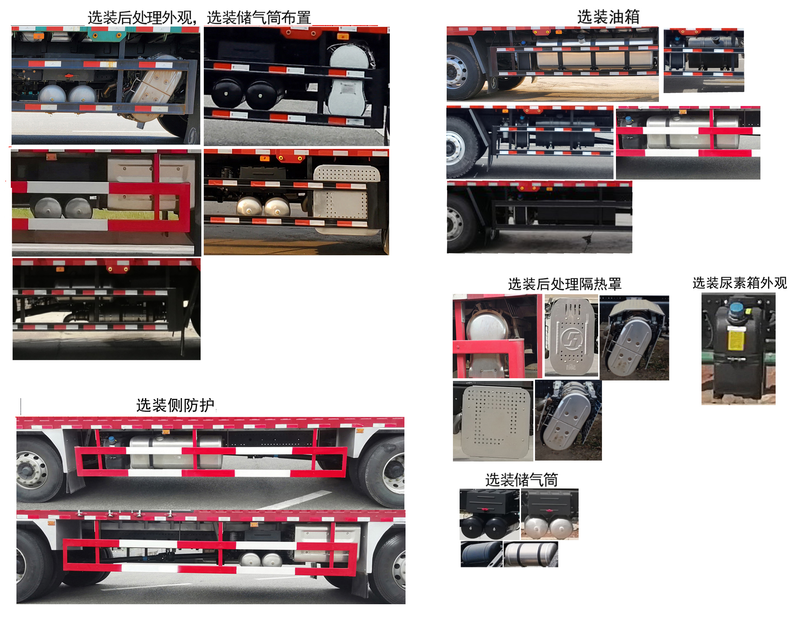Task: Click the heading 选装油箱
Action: pos(608,17)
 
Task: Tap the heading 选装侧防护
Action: pos(176,405)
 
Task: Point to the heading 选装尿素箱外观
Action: pos(739,283)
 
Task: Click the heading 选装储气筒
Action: pos(521,480)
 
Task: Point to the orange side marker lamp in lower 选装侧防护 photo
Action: pos(254,525)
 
